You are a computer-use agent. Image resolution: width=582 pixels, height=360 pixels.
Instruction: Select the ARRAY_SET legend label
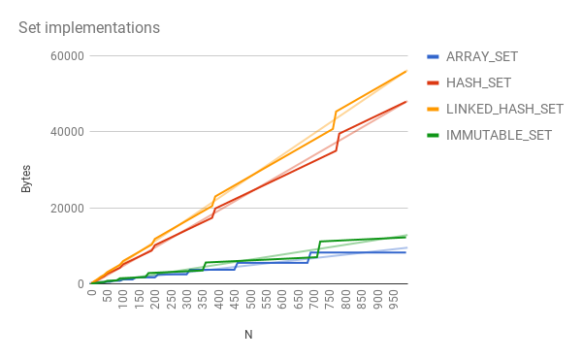coord(481,55)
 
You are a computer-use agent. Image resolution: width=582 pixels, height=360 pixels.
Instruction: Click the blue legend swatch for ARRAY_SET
coord(434,55)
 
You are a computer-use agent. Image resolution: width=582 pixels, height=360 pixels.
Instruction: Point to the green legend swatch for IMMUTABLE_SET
coord(434,134)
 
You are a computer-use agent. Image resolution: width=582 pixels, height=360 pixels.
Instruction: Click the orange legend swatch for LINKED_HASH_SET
coord(434,108)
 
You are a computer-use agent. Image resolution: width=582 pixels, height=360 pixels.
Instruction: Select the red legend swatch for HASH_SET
coord(434,82)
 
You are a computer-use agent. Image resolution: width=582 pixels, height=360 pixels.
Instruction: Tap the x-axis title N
coord(248,335)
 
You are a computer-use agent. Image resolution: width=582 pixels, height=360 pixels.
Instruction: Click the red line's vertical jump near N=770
coord(338,142)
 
